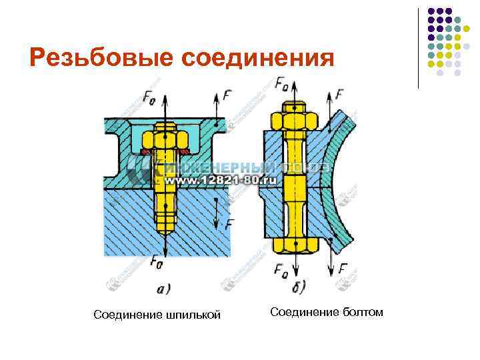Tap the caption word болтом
point(360,311)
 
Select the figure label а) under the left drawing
point(163,289)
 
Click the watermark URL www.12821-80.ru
point(212,181)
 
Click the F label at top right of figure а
point(228,96)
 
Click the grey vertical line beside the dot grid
point(418,47)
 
